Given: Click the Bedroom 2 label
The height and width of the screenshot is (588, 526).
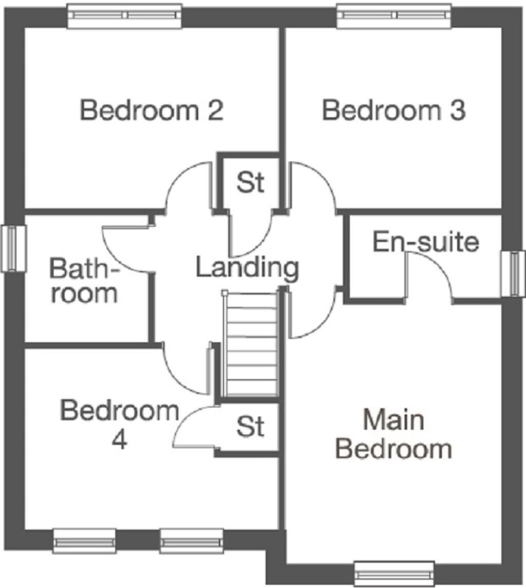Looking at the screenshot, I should pyautogui.click(x=152, y=111).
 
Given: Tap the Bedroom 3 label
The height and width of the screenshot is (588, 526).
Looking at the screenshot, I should pyautogui.click(x=393, y=111).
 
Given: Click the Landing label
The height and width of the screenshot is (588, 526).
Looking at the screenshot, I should pyautogui.click(x=248, y=268).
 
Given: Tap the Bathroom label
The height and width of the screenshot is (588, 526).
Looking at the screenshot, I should pyautogui.click(x=84, y=281).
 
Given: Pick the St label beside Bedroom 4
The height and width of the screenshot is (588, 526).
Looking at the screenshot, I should pyautogui.click(x=250, y=426).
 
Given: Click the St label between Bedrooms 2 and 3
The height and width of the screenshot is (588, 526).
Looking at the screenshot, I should pyautogui.click(x=250, y=182).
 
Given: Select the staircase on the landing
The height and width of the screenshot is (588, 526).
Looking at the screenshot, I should pyautogui.click(x=252, y=344).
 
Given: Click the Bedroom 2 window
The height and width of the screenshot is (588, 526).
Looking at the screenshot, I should pyautogui.click(x=125, y=15).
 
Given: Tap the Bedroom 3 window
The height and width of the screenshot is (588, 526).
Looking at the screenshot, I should pyautogui.click(x=394, y=15).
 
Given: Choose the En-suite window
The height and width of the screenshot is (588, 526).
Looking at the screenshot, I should pyautogui.click(x=512, y=273).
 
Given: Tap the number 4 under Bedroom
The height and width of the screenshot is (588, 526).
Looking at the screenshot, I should pyautogui.click(x=119, y=440).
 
